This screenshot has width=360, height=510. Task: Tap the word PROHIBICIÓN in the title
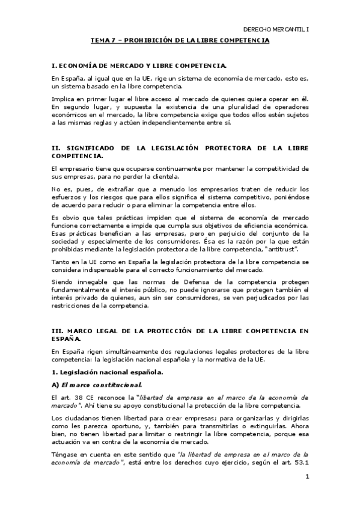click(x=144, y=40)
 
